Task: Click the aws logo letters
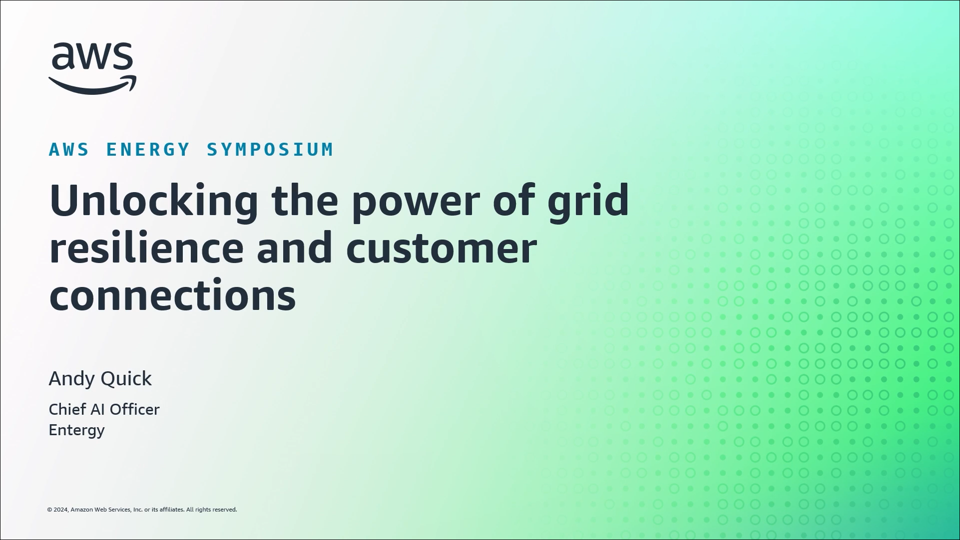(92, 56)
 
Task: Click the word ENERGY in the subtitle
(148, 149)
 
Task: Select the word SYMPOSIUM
(270, 149)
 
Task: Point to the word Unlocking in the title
(154, 201)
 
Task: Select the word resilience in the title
(146, 248)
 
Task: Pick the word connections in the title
(173, 295)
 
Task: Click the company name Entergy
(76, 431)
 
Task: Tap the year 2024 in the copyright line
(61, 510)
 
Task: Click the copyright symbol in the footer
(49, 510)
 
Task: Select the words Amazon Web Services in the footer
(101, 510)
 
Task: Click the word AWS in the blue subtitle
(69, 149)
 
